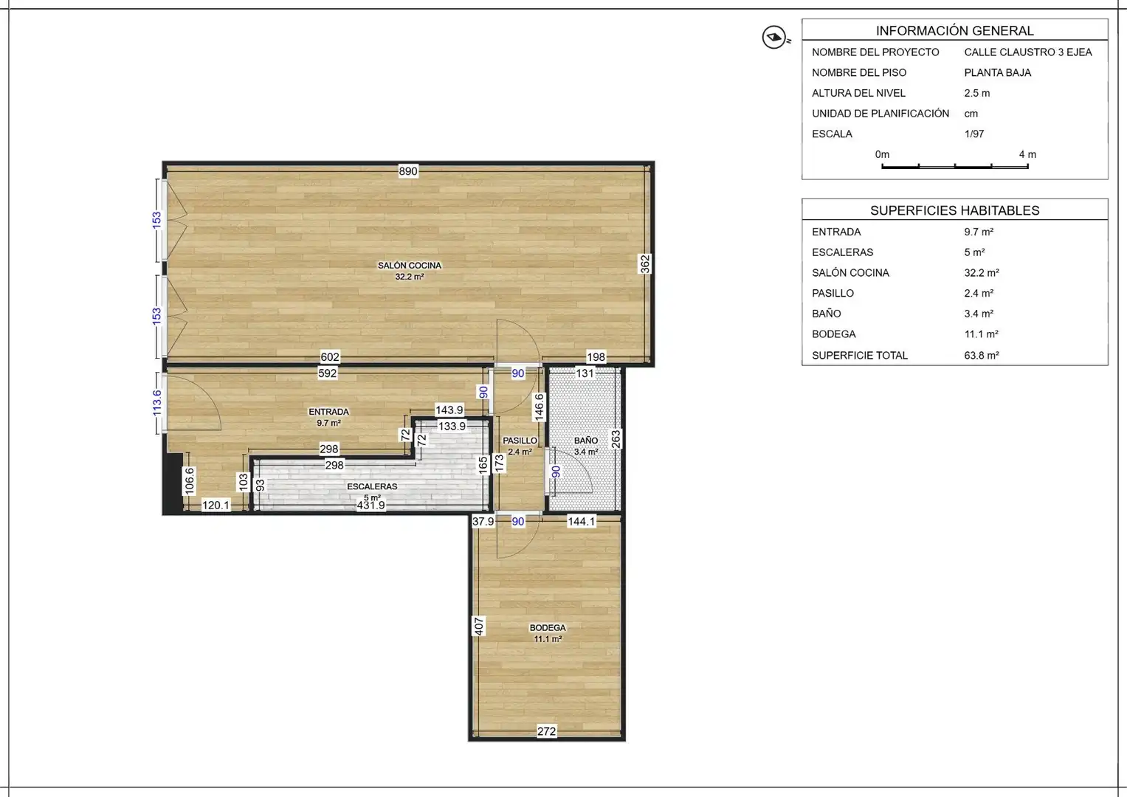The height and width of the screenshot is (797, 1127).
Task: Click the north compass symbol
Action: (x=774, y=37)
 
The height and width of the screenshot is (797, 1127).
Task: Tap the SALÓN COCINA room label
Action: (x=410, y=266)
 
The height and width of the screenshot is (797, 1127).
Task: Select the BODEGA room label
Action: (x=548, y=627)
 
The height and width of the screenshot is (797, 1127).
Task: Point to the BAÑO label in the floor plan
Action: (x=586, y=441)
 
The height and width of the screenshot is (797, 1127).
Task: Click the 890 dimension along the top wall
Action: (x=408, y=171)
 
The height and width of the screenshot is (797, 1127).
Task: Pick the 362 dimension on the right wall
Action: (x=644, y=264)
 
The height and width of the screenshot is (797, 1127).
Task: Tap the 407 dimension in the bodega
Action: (x=478, y=627)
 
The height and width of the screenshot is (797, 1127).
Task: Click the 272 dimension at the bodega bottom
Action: (x=546, y=731)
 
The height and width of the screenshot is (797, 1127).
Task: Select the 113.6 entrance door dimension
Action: (x=157, y=404)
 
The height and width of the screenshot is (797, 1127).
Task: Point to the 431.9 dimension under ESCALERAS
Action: (x=371, y=506)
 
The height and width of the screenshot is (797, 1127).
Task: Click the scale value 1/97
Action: (x=974, y=134)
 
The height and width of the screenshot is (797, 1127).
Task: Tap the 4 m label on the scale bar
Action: (x=1027, y=154)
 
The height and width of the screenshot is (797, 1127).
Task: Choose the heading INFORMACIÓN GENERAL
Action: (x=955, y=31)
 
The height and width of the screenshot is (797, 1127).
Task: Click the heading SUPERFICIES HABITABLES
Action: (x=955, y=210)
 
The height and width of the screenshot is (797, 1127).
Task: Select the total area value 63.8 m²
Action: (x=982, y=355)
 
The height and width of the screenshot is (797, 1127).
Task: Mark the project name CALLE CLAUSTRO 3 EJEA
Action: (x=1028, y=52)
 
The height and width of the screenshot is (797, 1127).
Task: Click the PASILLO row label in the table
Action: (x=833, y=294)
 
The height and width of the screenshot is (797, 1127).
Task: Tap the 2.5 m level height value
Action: (x=977, y=93)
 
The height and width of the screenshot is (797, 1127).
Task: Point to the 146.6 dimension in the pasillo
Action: (x=539, y=407)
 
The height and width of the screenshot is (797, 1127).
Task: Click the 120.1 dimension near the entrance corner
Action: (x=216, y=506)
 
